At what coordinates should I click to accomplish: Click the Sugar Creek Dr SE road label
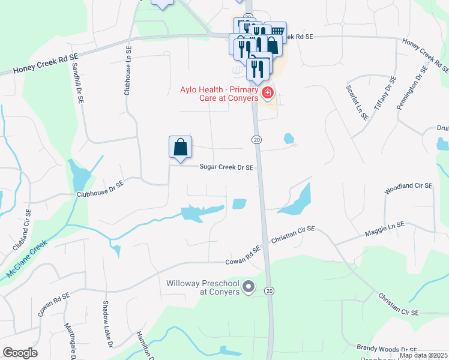pos(226,168)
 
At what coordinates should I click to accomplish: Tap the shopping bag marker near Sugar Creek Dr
pos(181,147)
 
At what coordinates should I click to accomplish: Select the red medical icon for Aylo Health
pos(267,93)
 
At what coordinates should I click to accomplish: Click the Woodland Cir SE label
pos(409,189)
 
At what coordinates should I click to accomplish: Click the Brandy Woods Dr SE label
pos(387,349)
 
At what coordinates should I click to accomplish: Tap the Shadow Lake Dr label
pos(107,324)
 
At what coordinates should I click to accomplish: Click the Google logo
pos(20,353)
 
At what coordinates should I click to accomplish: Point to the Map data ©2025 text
pos(423,355)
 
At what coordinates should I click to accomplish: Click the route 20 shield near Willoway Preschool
pos(270,291)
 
